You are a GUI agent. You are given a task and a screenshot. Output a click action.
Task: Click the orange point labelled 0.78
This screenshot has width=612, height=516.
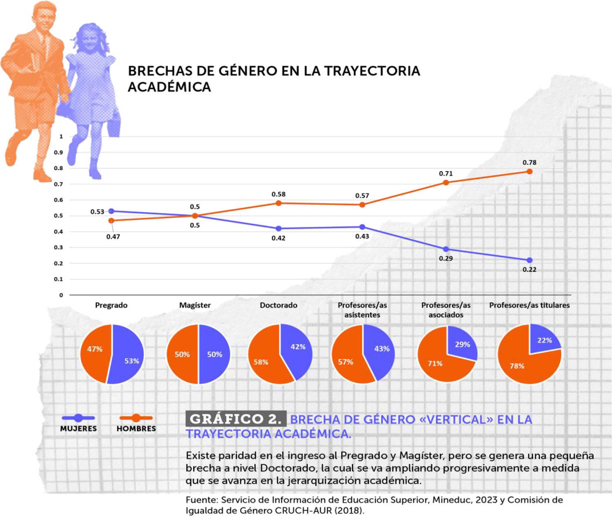pos(529,171)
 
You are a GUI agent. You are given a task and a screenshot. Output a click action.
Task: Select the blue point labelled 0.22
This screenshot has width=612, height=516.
pos(529,260)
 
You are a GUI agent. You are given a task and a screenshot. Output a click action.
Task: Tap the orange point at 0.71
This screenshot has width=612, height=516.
pos(446,182)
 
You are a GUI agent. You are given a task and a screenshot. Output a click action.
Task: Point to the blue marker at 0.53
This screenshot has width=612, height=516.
pos(111,211)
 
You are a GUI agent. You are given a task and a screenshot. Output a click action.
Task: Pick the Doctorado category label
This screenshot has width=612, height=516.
pos(278,305)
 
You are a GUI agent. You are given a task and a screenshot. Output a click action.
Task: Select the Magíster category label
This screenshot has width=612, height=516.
pos(195,305)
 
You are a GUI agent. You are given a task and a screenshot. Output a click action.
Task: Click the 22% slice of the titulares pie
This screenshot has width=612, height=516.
pos(544,340)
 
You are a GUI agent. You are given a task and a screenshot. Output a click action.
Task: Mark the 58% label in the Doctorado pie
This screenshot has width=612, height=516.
pos(261,362)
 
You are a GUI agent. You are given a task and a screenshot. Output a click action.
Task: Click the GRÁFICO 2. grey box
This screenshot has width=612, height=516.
pos(236,419)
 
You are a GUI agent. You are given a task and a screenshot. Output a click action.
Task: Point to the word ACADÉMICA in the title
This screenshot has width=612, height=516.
pos(169,87)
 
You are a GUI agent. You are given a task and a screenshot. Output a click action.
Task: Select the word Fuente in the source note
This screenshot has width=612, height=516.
pos(201,500)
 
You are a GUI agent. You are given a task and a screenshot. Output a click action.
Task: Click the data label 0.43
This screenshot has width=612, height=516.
pos(362,237)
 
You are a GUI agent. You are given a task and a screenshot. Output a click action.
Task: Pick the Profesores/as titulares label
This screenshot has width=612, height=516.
pos(529,305)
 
